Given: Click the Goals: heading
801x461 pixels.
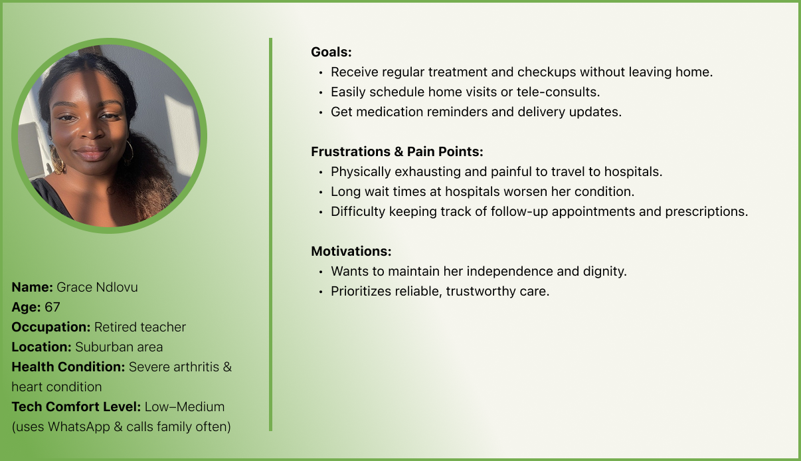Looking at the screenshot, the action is tap(331, 52).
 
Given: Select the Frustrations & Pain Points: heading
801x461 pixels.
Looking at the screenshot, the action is tap(397, 151).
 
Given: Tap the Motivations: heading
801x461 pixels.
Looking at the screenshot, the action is tap(351, 251).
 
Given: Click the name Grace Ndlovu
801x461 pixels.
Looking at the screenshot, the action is tap(97, 287).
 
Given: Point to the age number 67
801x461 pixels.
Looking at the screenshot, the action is tap(52, 307).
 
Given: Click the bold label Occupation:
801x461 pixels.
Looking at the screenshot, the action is tap(51, 327).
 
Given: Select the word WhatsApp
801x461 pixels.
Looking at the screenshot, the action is tap(78, 426).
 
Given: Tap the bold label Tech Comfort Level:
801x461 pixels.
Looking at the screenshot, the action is tap(76, 407).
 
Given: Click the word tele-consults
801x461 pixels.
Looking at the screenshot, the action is tap(558, 92).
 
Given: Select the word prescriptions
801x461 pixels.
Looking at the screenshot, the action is tap(706, 212).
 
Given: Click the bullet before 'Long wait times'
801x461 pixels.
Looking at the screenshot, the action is tap(321, 193).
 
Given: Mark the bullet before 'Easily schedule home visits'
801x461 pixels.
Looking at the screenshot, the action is tap(321, 92).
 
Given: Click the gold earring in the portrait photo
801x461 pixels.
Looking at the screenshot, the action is tap(57, 160).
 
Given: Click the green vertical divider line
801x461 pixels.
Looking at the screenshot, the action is tap(271, 234).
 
